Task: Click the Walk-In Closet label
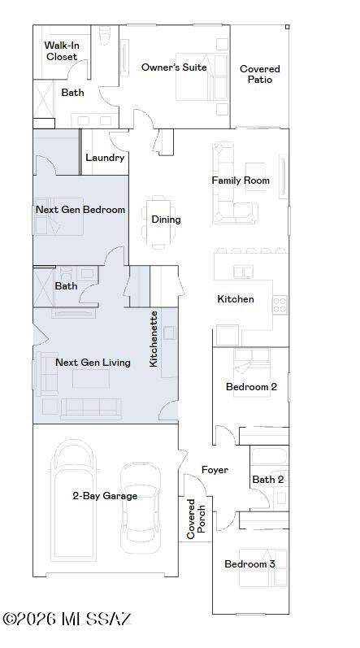click(x=61, y=51)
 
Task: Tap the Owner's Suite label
click(x=174, y=67)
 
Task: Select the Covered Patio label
click(x=260, y=75)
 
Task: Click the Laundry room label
click(x=105, y=158)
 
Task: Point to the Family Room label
click(x=241, y=180)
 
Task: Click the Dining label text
click(x=166, y=219)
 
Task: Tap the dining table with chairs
click(x=158, y=220)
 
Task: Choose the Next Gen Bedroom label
click(x=80, y=210)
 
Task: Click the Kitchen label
click(x=236, y=299)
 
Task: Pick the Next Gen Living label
click(x=93, y=363)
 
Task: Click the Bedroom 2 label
click(x=251, y=387)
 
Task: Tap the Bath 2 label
click(x=267, y=480)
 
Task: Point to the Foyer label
click(x=215, y=470)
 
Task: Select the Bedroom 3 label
click(x=250, y=564)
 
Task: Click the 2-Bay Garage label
click(x=105, y=496)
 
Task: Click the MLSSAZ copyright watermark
click(x=67, y=620)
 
